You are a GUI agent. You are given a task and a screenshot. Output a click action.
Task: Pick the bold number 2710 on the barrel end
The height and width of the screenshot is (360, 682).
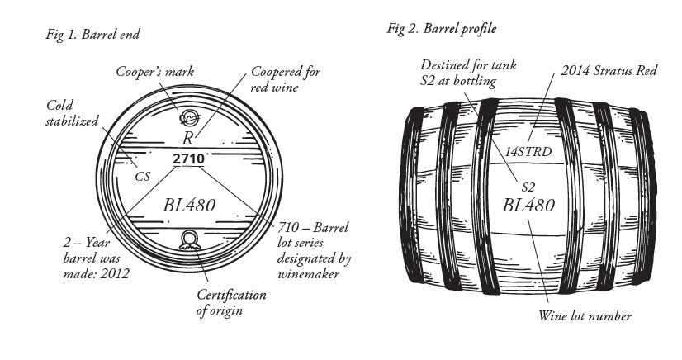click(189, 157)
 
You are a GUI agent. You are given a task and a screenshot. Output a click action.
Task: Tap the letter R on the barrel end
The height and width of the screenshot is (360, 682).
click(187, 139)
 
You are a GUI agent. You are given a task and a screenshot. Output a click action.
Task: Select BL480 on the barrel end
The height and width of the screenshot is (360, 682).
click(189, 205)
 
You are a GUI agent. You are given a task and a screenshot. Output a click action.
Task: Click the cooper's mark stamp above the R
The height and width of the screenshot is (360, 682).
click(189, 118)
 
